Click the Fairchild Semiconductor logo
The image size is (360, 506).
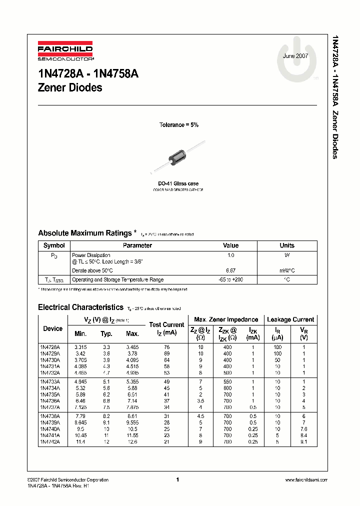[65, 52]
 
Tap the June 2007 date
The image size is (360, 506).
[295, 56]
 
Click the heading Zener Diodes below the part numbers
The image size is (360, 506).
[70, 87]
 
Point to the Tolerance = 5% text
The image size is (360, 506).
[178, 125]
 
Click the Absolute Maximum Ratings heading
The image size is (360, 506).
[85, 233]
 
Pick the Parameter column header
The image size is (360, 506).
[137, 245]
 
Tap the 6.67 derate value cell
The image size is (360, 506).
[231, 270]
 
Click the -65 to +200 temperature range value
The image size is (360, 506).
[231, 280]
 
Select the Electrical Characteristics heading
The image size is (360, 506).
[80, 307]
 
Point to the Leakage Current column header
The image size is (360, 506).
[290, 319]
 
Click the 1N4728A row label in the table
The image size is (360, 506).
[50, 346]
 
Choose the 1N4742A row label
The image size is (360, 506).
[50, 442]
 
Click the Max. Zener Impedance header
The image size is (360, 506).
[226, 319]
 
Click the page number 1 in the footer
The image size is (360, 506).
[178, 479]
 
